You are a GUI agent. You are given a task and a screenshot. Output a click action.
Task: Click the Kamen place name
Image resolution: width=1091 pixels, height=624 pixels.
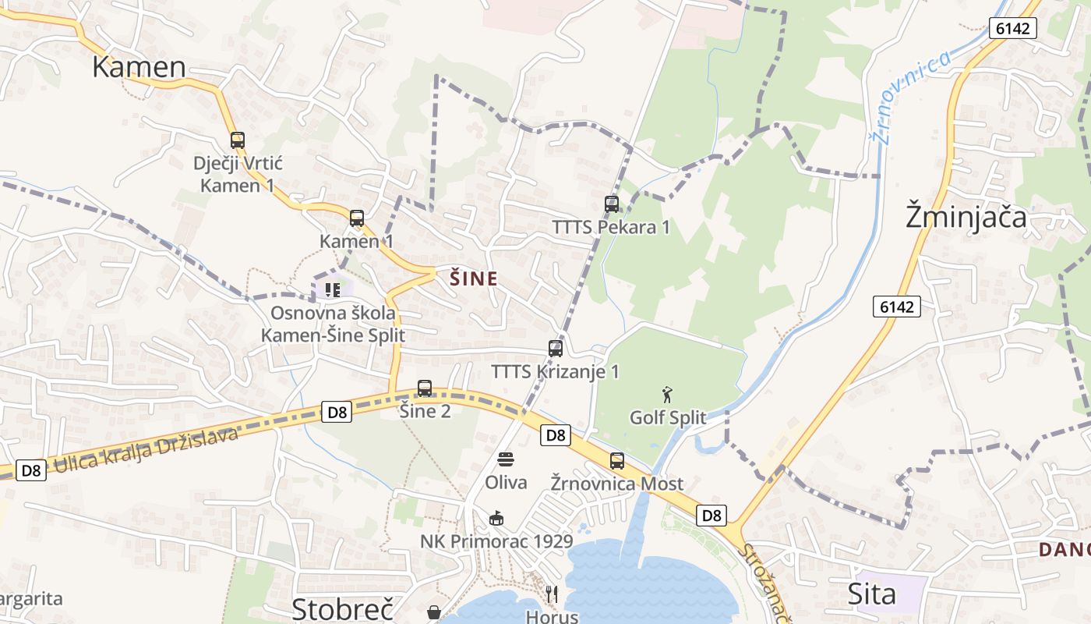point(139,67)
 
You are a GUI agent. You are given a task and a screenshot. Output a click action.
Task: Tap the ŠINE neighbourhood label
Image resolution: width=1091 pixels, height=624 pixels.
point(474,278)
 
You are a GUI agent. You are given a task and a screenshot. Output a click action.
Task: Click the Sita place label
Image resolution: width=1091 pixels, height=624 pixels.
point(872,594)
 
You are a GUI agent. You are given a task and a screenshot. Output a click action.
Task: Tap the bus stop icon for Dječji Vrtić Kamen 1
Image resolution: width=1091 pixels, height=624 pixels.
point(238,140)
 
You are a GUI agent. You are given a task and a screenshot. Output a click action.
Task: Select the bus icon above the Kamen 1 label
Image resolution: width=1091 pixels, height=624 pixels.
point(357,218)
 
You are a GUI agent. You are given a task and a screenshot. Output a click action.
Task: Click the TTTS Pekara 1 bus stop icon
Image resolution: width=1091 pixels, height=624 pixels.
point(612,204)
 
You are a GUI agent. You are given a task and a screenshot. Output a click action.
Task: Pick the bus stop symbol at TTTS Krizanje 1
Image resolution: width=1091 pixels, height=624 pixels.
point(556,349)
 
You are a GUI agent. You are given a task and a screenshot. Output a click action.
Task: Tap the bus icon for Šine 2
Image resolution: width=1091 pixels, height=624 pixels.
point(425,388)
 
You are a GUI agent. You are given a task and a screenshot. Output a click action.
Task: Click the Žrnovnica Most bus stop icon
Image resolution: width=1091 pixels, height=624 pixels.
point(617,461)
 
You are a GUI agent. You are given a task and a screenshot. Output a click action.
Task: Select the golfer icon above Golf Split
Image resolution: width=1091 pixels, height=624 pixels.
point(667,394)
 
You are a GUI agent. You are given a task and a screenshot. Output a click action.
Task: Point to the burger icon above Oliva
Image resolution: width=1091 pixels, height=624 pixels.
point(506,459)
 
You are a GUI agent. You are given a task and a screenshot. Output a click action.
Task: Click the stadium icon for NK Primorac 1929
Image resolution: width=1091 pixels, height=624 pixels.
point(496,518)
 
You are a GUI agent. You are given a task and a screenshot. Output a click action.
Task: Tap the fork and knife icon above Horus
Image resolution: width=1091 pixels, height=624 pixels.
point(552,594)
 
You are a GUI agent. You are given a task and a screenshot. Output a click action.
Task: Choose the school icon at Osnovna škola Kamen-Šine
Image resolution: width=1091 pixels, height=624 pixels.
point(334,290)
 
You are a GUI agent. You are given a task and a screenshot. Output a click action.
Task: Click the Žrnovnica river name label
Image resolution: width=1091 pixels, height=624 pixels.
point(910,97)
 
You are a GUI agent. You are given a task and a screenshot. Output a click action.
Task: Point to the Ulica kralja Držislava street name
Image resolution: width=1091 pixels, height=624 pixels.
point(145,451)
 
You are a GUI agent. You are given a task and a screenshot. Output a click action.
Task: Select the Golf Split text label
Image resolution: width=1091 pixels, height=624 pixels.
point(668,418)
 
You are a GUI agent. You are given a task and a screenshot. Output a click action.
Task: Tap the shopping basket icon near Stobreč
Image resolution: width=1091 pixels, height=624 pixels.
point(434,613)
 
